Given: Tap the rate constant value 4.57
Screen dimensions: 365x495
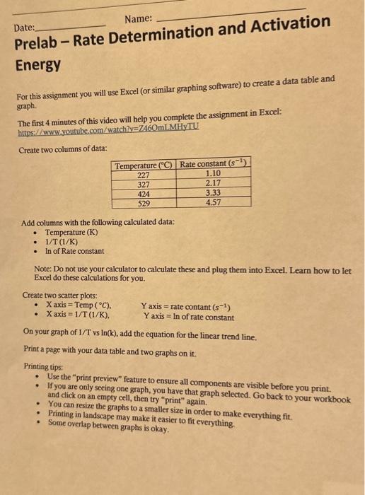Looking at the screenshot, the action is click(x=213, y=201).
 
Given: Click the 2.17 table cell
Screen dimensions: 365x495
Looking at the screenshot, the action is click(x=213, y=182).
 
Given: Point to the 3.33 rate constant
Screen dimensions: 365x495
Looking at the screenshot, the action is click(x=213, y=192).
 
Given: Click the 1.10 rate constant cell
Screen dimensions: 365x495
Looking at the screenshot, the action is click(x=213, y=173).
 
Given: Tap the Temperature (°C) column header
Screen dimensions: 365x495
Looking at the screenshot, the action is click(x=144, y=165).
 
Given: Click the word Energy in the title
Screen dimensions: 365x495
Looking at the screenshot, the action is click(x=38, y=65).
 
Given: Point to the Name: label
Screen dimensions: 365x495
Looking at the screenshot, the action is click(x=139, y=21).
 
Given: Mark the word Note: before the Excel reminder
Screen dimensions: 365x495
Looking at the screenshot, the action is click(x=45, y=271).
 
